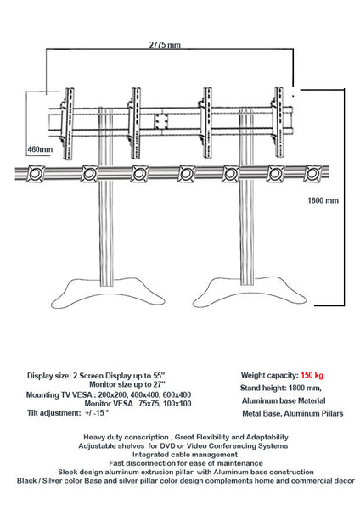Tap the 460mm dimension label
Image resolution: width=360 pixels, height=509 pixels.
point(40,149)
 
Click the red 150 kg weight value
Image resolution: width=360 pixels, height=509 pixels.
point(312,374)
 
